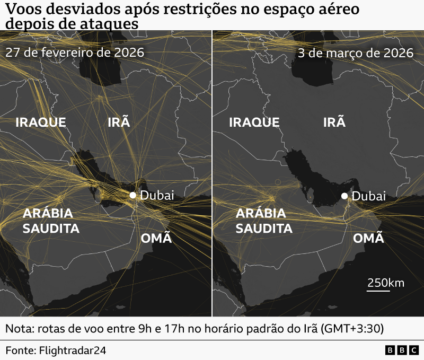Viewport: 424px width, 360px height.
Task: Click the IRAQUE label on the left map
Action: pos(41,122)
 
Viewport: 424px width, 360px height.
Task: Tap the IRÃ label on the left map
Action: pos(119,122)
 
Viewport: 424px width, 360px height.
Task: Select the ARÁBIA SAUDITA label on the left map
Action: pos(51,221)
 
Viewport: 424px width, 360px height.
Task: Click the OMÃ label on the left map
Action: pos(156,238)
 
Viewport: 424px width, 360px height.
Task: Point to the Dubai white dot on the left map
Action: pos(133,195)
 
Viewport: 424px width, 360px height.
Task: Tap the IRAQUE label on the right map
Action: pos(254,122)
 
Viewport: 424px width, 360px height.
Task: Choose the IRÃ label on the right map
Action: pos(334,122)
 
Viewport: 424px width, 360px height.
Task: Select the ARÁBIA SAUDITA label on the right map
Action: pos(263,221)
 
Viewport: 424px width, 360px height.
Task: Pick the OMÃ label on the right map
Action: pos(368,238)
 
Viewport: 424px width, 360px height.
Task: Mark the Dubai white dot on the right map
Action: pos(344,196)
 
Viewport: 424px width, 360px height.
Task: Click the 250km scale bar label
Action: pos(386,283)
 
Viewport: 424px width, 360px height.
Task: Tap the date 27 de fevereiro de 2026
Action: pos(75,54)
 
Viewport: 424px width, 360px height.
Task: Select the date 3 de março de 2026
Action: pos(355,54)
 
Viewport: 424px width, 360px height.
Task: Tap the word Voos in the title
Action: pos(22,9)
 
